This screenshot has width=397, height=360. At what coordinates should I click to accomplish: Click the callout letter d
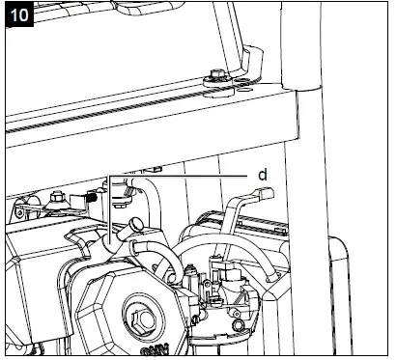coord(261,175)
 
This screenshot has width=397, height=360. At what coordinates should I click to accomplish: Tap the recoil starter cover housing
coord(126,309)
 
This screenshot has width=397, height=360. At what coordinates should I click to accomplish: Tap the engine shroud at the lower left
coord(39,290)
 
